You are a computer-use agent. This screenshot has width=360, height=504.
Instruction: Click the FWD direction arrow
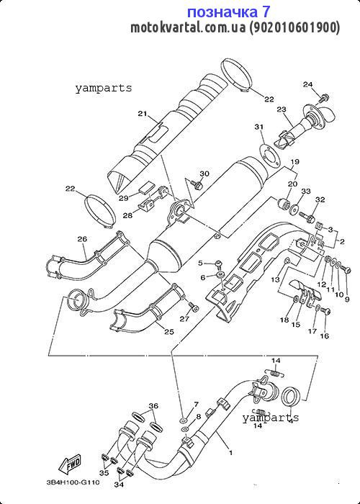coord(69,465)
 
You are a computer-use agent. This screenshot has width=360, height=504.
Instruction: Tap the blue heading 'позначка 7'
coord(228,12)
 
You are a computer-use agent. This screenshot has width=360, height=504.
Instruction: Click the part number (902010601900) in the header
coord(294,28)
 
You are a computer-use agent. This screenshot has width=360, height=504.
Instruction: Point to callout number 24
coord(307,84)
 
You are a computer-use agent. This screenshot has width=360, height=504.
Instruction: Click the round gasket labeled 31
coord(268,157)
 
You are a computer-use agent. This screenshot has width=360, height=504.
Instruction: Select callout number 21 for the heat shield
coord(143,114)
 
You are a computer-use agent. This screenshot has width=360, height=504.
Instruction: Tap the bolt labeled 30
coord(197,184)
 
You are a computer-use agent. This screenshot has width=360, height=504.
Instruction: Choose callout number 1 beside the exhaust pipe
coord(230,453)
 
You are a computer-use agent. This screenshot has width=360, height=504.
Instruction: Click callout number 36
coord(153,406)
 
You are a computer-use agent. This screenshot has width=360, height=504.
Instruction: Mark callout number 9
coord(347,300)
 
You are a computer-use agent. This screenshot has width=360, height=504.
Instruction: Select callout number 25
coord(169,331)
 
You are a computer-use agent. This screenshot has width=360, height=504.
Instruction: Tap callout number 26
coord(82,239)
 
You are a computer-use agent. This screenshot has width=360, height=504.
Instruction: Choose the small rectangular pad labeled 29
coord(147,187)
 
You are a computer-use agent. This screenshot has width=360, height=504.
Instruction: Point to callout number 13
coord(276,280)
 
